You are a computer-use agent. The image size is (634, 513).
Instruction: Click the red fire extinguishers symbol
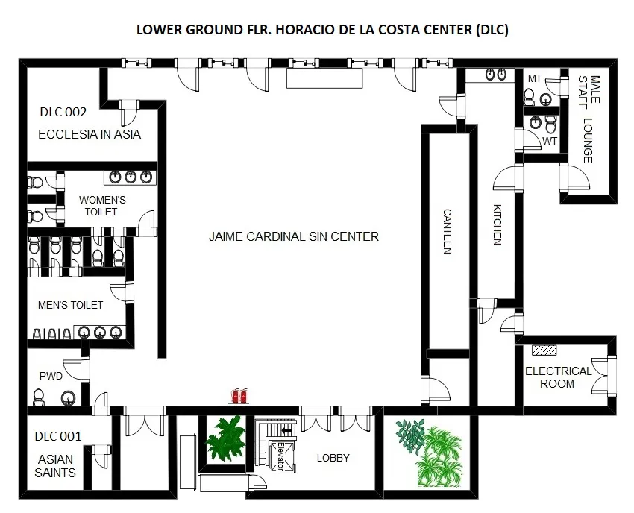pyautogui.click(x=239, y=396)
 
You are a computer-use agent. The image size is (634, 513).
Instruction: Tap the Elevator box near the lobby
pyautogui.click(x=280, y=456)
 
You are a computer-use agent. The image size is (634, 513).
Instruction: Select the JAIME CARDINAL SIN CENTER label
pyautogui.click(x=294, y=236)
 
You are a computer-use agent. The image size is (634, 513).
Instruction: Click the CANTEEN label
pyautogui.click(x=448, y=231)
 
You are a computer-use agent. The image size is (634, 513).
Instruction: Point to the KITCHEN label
pyautogui.click(x=498, y=224)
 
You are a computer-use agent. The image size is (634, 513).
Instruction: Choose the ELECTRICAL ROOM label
pyautogui.click(x=558, y=377)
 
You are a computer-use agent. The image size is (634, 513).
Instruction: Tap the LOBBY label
pyautogui.click(x=333, y=458)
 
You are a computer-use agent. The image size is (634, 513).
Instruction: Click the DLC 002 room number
pyautogui.click(x=63, y=112)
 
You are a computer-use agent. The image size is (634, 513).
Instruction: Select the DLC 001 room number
pyautogui.click(x=58, y=436)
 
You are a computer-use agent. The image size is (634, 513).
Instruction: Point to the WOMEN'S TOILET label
pyautogui.click(x=102, y=206)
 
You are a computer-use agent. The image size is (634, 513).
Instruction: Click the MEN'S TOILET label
pyautogui.click(x=70, y=305)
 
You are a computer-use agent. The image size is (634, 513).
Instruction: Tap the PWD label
pyautogui.click(x=51, y=376)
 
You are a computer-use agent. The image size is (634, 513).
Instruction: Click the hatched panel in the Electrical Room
pyautogui.click(x=544, y=350)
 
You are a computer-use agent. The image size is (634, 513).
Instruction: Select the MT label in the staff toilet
pyautogui.click(x=535, y=78)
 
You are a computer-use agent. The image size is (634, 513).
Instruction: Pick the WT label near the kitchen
pyautogui.click(x=550, y=141)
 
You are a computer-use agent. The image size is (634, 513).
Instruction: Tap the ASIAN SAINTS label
pyautogui.click(x=55, y=466)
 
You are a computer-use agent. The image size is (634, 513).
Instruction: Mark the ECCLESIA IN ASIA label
pyautogui.click(x=90, y=134)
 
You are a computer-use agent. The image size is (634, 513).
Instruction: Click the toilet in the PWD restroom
pyautogui.click(x=38, y=397)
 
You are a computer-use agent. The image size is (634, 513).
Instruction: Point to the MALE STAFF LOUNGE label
pyautogui.click(x=589, y=119)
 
